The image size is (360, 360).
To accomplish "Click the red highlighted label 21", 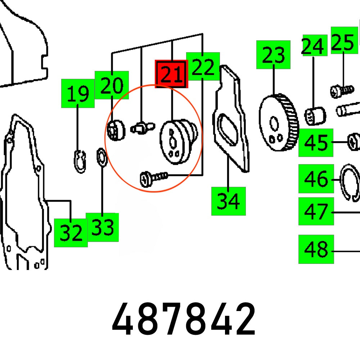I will pos(171,74).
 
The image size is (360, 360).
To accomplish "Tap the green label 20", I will pos(112,85).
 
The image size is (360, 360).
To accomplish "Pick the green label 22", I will pos(203,66).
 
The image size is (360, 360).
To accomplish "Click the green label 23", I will pos(273,55).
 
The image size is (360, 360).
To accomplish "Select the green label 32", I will pos(71,233).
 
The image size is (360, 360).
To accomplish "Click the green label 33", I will pos(102,227).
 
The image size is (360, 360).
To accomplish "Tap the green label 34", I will pos(228,201).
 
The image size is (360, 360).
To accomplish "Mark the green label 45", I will pos(316,142).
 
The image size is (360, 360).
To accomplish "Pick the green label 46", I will pos(316,179).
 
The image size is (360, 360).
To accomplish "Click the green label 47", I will pos(316,211).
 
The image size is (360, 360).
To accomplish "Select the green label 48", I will pos(316,249).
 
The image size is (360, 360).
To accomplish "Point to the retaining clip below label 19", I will pos(80,161).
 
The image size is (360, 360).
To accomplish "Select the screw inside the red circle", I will pos(154,178).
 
